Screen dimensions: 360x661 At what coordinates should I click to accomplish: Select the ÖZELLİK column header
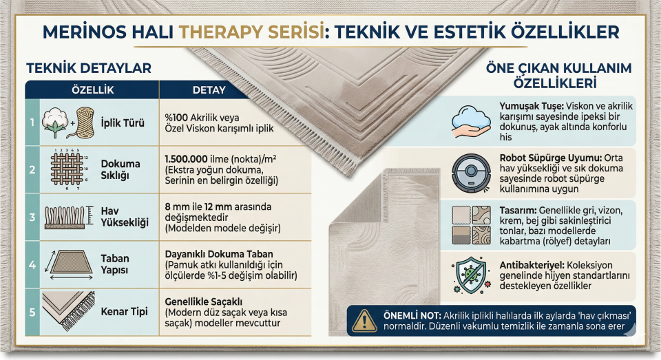[x=92, y=90]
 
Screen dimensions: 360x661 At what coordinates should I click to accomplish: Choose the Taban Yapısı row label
[x=116, y=264]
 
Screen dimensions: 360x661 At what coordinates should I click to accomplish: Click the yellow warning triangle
[x=363, y=319]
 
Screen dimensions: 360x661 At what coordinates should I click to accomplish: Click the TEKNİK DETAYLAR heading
[x=87, y=68]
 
